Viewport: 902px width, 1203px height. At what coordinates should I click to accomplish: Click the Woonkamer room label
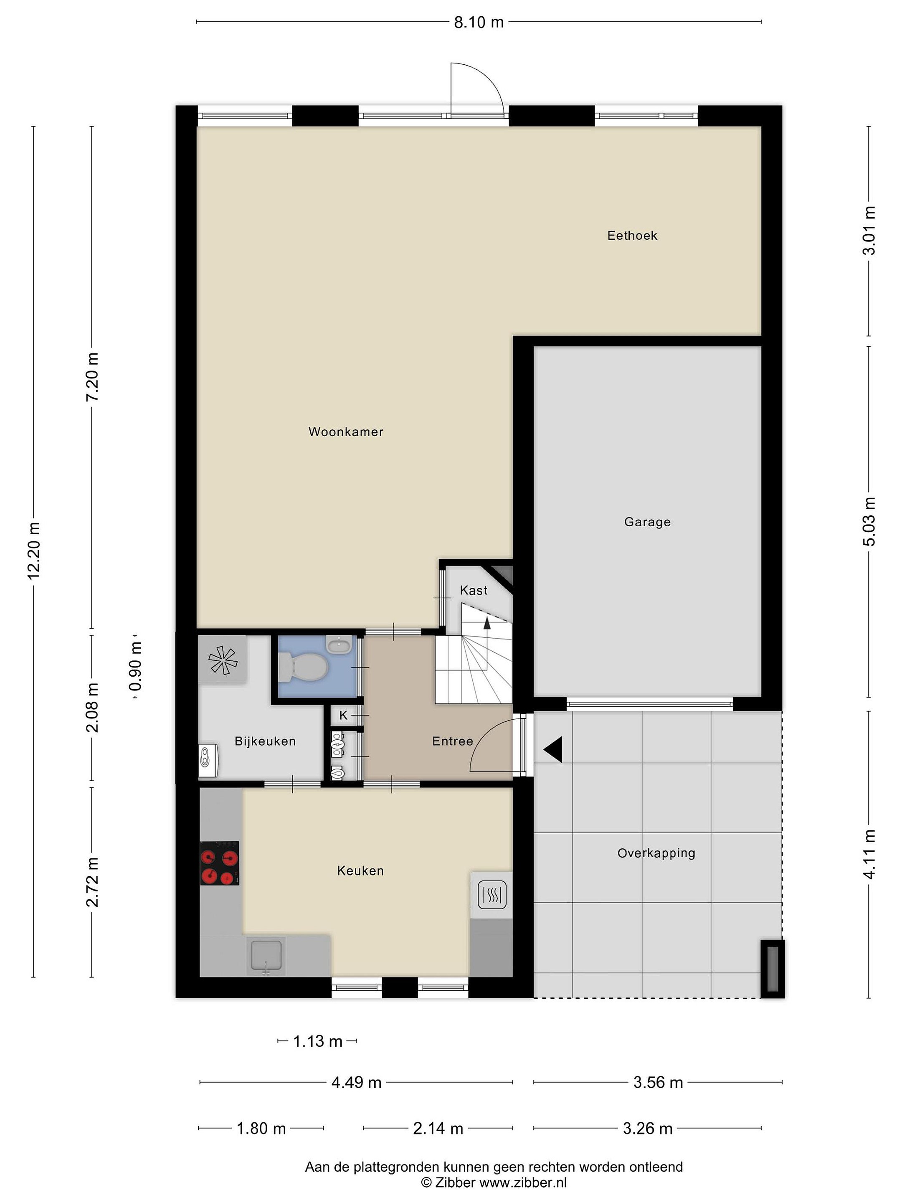346,432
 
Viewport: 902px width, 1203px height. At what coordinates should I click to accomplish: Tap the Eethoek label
632,236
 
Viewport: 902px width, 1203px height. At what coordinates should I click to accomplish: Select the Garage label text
647,522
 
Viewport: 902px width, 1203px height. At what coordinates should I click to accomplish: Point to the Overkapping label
656,853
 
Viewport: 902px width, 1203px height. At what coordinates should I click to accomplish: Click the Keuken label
360,871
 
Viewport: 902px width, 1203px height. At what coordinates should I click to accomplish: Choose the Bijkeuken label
265,741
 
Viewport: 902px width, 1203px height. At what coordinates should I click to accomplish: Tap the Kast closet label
474,590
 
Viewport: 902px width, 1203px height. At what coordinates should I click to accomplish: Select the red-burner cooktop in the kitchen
220,863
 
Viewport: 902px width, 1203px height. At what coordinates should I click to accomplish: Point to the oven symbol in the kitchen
492,895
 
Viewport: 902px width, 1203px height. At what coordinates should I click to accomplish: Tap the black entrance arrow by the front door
553,749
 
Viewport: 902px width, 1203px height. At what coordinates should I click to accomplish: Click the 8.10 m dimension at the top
479,22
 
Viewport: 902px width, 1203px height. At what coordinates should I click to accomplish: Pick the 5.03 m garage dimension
869,522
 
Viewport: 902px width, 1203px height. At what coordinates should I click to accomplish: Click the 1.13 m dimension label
317,1041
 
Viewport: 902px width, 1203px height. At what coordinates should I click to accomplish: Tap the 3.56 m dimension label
658,1082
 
